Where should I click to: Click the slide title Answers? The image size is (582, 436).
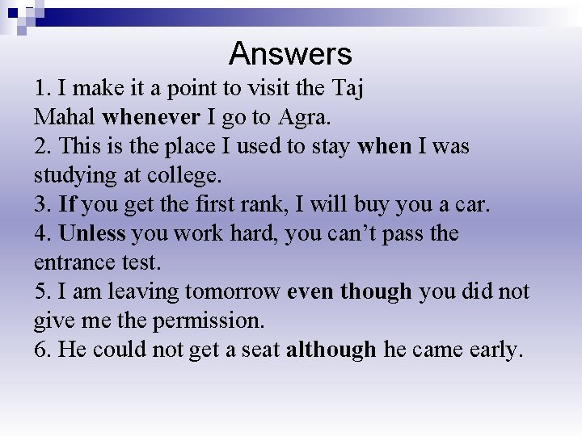[x=290, y=54]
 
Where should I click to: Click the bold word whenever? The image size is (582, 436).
[x=151, y=117]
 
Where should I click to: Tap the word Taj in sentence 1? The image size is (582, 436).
[x=346, y=88]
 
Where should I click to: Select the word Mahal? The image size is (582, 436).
[x=65, y=117]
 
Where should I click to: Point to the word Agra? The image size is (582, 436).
[x=304, y=117]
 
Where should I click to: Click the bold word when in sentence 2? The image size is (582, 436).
[x=384, y=146]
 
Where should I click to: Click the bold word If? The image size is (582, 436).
[x=68, y=204]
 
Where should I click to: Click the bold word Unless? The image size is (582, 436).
[x=92, y=233]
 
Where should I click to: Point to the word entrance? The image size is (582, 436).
[x=70, y=262]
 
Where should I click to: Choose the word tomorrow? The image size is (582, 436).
[x=233, y=291]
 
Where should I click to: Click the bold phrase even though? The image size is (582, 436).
[x=349, y=291]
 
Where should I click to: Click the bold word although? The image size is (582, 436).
[x=331, y=350]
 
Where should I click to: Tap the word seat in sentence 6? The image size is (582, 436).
[x=258, y=350]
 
